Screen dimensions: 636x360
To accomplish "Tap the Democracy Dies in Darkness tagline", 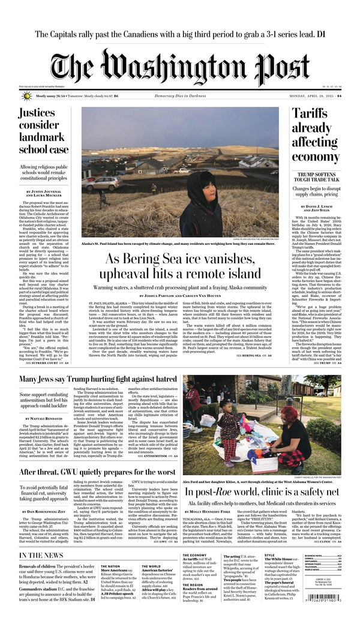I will tap(180, 96).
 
